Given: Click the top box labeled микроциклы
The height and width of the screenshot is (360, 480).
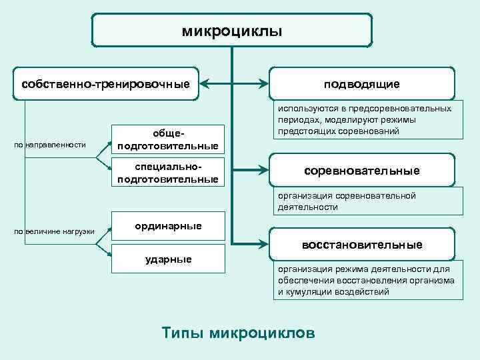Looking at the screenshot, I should tap(231, 31).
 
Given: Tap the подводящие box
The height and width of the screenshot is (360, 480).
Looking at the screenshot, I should tap(362, 84).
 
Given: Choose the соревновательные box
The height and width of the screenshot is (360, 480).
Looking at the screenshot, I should tap(362, 171).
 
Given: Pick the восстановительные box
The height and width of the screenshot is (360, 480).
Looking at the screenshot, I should tap(362, 245).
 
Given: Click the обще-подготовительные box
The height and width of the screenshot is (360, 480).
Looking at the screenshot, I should tap(167, 139).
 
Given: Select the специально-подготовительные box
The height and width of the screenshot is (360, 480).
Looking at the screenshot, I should tap(167, 172).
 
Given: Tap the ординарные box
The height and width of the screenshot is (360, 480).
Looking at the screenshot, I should tap(168, 226).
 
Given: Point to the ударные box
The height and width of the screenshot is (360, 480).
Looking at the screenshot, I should tap(168, 259).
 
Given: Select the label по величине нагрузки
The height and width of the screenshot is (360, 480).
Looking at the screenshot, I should tap(55, 231).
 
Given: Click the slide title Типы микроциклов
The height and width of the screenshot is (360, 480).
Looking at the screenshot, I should tap(239, 333).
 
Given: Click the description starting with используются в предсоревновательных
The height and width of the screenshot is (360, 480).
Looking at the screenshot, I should tap(365, 120).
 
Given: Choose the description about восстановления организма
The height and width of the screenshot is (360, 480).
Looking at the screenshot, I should tap(366, 280).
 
